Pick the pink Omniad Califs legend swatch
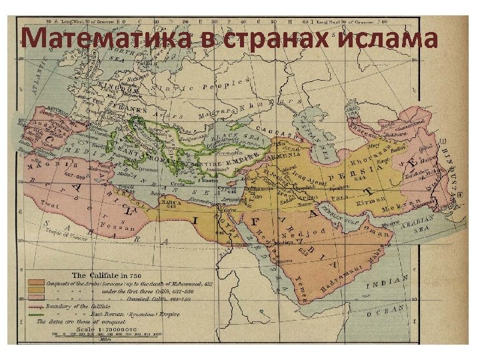click(37, 299)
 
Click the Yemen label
click(303, 287)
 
